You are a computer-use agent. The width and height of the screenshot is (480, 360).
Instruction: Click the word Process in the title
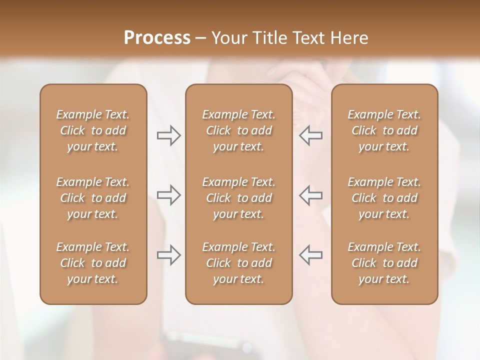(157, 38)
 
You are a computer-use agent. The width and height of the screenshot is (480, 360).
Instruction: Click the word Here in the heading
(350, 38)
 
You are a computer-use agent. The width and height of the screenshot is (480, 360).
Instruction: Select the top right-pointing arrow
(169, 135)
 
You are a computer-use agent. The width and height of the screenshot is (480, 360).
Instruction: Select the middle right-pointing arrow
(169, 195)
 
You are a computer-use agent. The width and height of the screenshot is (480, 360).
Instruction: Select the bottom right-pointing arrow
(169, 255)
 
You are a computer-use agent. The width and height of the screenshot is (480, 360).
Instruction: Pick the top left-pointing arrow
(310, 135)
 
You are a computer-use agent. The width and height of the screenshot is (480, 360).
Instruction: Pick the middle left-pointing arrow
(310, 195)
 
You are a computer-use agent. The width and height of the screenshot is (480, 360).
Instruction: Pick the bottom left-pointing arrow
(310, 255)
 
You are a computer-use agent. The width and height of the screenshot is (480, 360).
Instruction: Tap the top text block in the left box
(93, 130)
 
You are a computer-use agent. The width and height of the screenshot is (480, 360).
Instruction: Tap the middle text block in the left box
(93, 198)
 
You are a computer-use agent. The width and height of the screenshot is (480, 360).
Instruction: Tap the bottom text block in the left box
(93, 263)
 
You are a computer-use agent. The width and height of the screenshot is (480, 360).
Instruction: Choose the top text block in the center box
(238, 130)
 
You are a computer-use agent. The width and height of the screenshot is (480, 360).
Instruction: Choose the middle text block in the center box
(238, 198)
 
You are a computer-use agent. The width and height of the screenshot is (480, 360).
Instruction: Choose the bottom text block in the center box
(238, 263)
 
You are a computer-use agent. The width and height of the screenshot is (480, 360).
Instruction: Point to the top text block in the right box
(384, 130)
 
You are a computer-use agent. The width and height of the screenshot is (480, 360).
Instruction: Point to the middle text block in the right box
(384, 198)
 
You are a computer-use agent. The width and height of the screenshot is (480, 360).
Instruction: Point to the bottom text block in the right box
(384, 263)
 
